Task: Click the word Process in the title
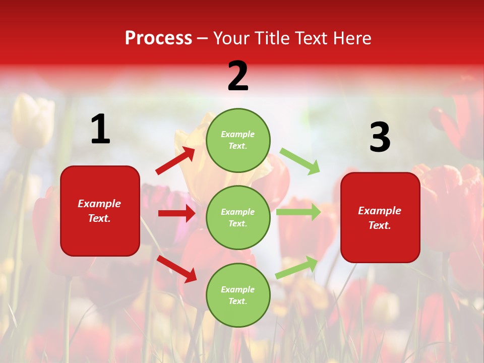(158, 38)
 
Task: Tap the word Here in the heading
(351, 38)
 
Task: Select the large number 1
(100, 130)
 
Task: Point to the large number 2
(238, 76)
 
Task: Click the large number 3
(380, 137)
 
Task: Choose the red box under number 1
(100, 211)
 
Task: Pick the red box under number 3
(380, 217)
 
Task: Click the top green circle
(238, 140)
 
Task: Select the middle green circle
(238, 217)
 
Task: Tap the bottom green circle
(238, 295)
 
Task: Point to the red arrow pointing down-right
(176, 269)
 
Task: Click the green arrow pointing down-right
(300, 161)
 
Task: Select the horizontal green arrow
(298, 212)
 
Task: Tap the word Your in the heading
(232, 38)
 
